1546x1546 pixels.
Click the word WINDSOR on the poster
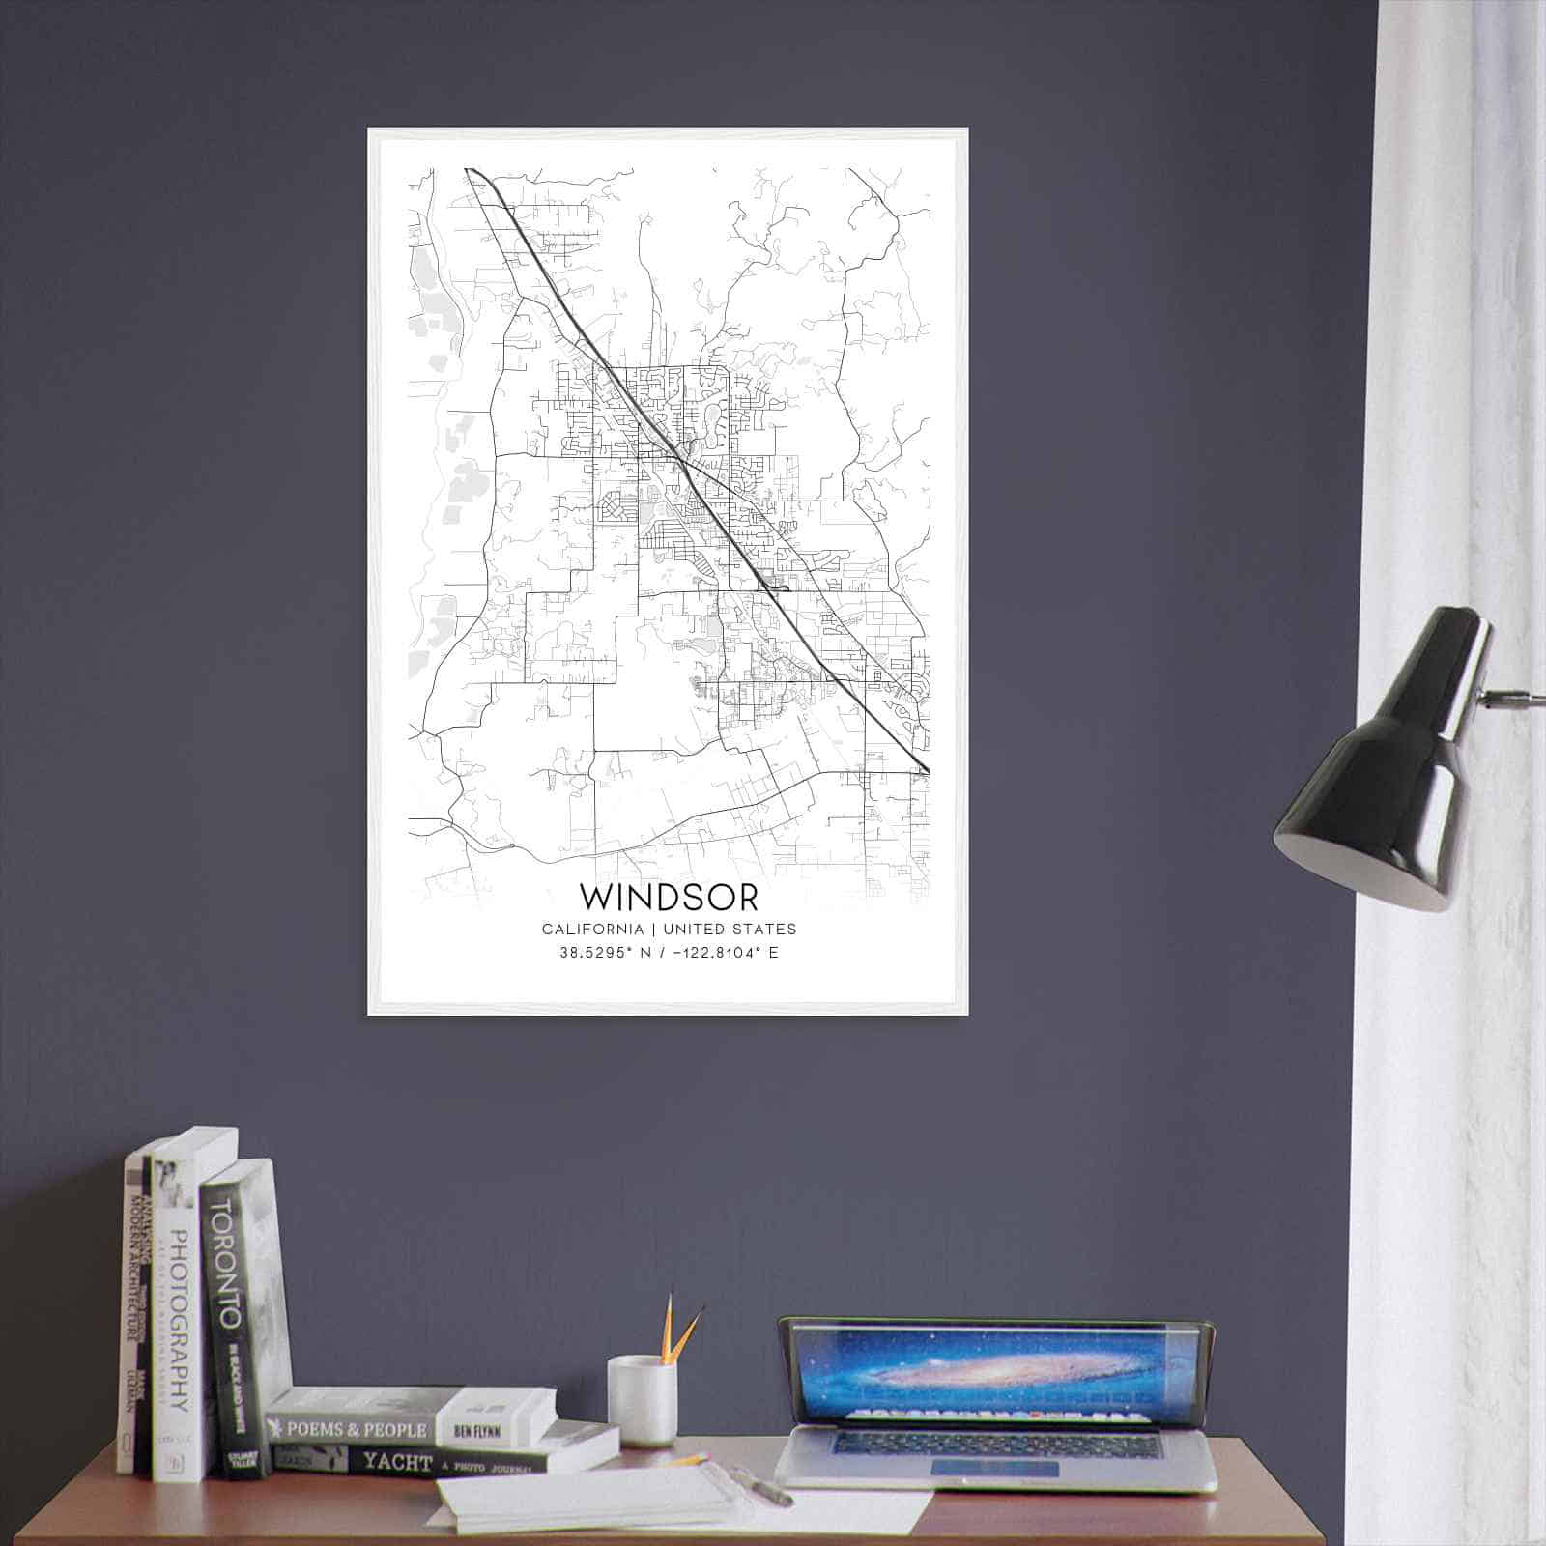tap(669, 896)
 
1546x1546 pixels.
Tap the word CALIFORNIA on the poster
tap(592, 929)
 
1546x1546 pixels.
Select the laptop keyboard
tap(995, 1444)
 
